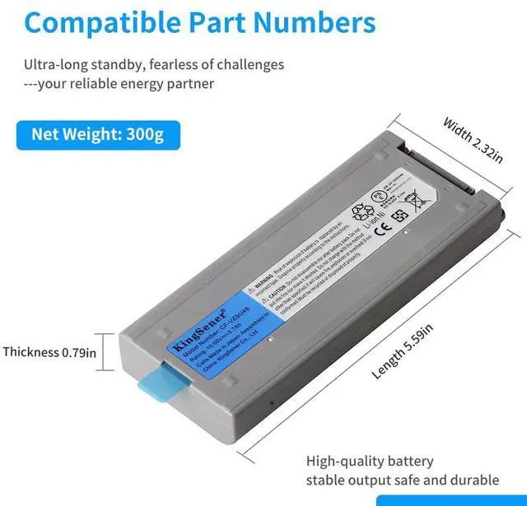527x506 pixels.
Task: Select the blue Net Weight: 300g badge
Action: [x=97, y=133]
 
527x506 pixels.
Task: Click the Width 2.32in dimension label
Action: [x=473, y=140]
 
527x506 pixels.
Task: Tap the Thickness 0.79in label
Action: [x=49, y=352]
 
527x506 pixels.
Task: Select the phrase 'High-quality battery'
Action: [x=370, y=462]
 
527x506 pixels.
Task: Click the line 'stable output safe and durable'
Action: [x=403, y=480]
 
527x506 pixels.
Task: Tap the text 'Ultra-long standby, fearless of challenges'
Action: [x=153, y=64]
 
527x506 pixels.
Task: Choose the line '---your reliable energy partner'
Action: [x=119, y=83]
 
